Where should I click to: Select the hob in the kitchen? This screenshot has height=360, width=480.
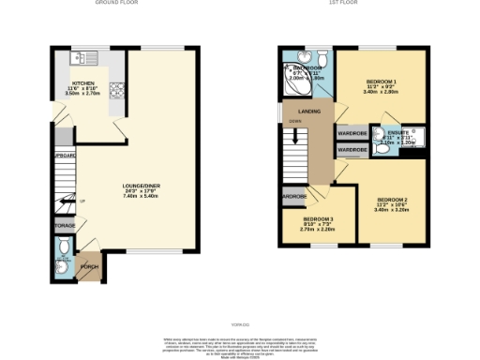click(x=118, y=92)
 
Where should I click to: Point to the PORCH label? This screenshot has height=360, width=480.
click(x=90, y=267)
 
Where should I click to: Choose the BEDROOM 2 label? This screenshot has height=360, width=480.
click(x=391, y=200)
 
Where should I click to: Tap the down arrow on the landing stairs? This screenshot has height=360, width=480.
click(x=296, y=121)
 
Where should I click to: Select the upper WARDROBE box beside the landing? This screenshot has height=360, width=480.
click(x=352, y=133)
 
